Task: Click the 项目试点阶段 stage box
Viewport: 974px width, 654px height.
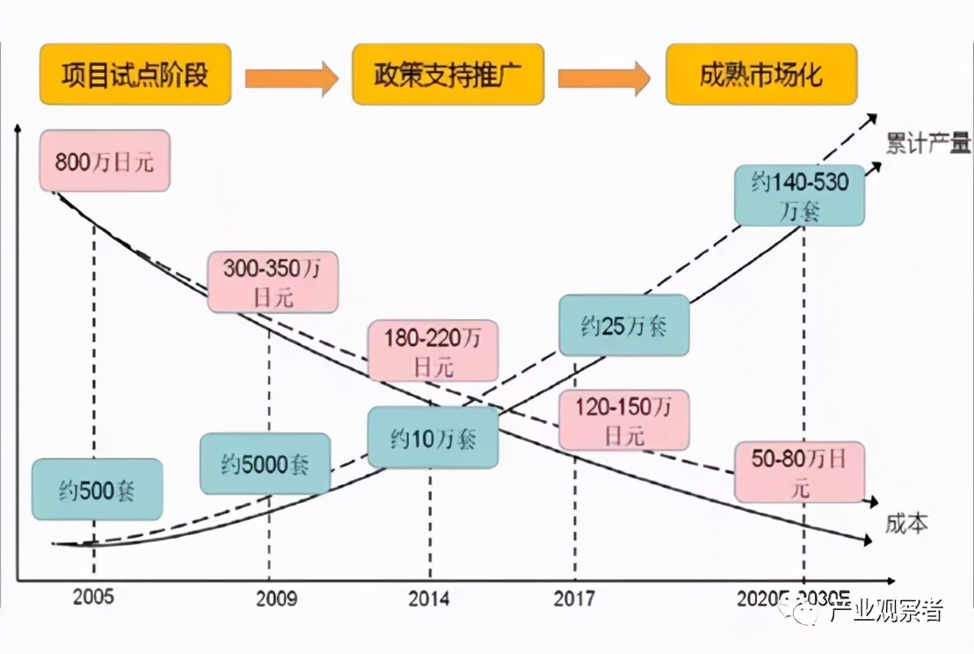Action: (x=135, y=74)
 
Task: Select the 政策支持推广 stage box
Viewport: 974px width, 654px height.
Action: (x=447, y=74)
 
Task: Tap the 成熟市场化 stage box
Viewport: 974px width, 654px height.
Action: (x=760, y=74)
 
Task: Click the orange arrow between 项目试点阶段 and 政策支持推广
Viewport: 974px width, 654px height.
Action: (x=291, y=77)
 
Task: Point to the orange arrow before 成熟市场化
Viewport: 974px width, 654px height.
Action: (x=604, y=77)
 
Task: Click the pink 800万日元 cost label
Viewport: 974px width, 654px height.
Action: (x=104, y=160)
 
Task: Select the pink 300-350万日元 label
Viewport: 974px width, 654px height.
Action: (x=273, y=281)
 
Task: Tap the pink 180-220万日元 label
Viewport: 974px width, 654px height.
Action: (x=433, y=350)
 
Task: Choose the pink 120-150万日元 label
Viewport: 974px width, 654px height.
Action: (x=624, y=419)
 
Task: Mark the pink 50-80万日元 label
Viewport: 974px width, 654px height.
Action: (x=799, y=471)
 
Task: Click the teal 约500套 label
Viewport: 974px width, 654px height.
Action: (x=98, y=489)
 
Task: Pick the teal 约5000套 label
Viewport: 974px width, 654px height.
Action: (x=265, y=463)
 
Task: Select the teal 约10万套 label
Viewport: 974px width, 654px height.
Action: (x=432, y=437)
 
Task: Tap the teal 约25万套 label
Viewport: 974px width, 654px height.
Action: (x=624, y=324)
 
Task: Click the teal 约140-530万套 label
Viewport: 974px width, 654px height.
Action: (x=799, y=195)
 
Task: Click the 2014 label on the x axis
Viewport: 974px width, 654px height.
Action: (x=430, y=599)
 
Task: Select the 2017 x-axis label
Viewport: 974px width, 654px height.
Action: (x=574, y=599)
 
